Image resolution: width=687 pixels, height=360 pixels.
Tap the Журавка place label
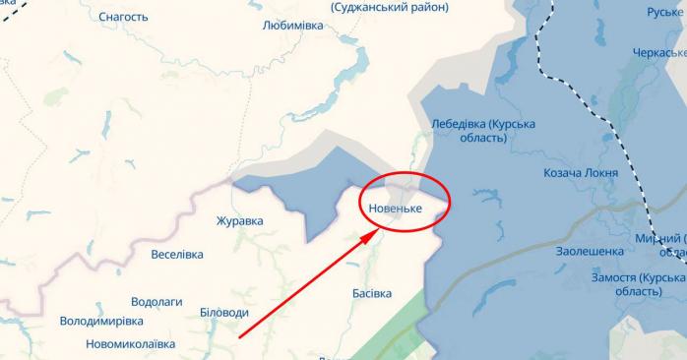click(240, 221)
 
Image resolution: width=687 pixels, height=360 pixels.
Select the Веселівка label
click(177, 254)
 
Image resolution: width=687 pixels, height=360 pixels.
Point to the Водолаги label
click(158, 302)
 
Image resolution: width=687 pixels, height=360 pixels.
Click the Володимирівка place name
click(101, 321)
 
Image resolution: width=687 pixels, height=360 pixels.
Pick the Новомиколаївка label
click(116, 343)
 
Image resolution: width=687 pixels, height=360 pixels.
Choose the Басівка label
click(371, 293)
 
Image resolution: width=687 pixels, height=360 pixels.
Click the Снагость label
click(123, 17)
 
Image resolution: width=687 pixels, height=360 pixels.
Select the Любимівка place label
click(293, 27)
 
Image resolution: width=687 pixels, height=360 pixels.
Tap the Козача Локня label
click(581, 173)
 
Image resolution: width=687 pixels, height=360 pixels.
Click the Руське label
click(664, 12)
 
